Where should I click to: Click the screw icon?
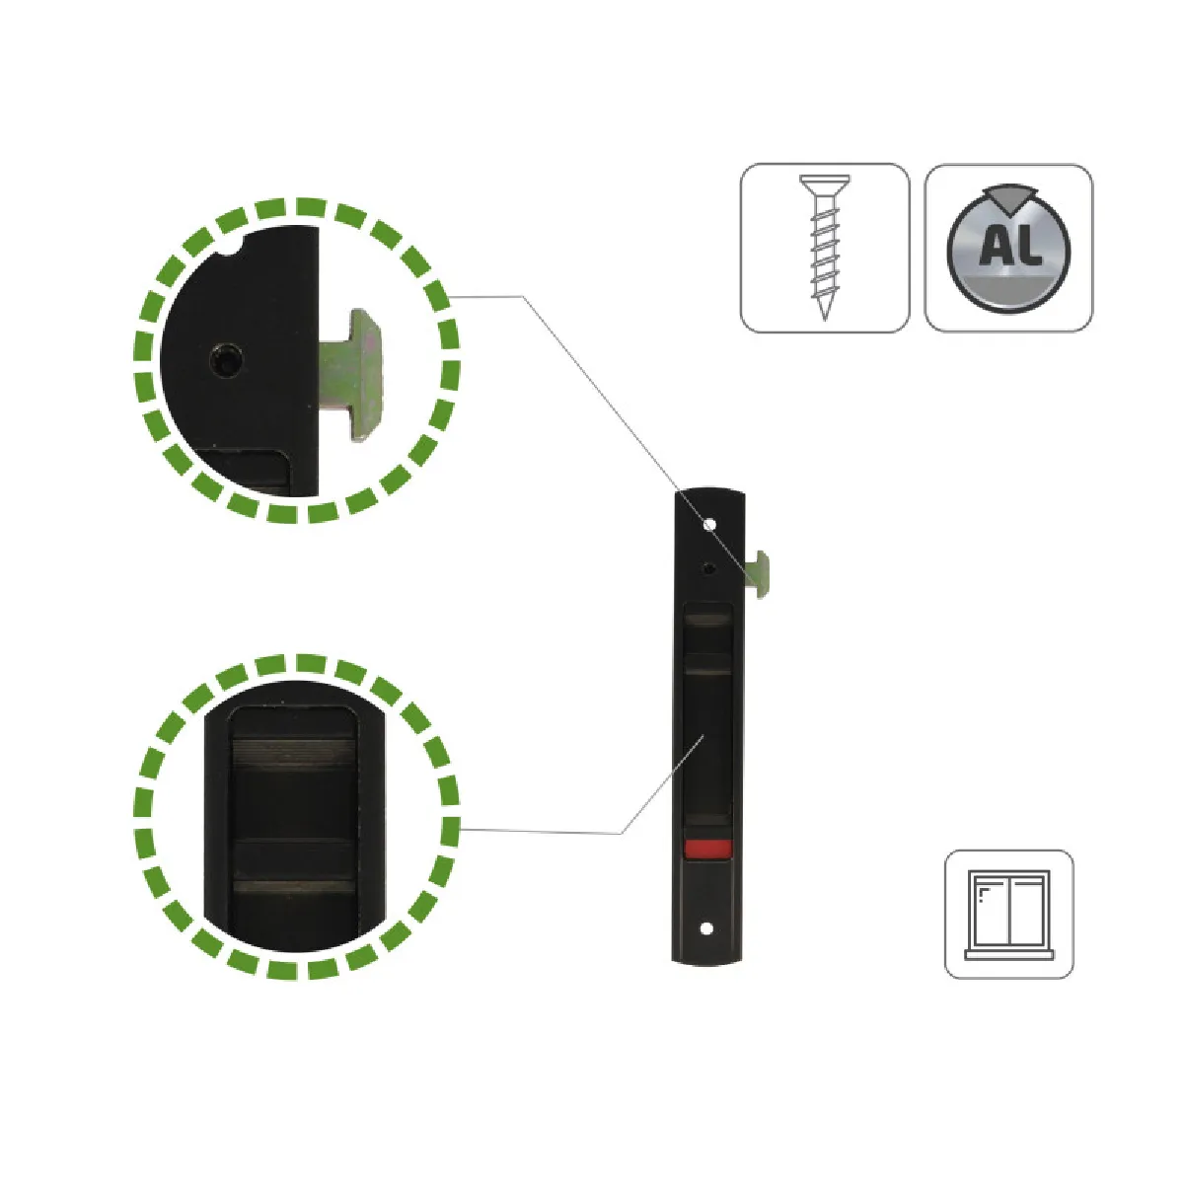pos(825,248)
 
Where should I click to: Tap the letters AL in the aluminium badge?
pos(1008,246)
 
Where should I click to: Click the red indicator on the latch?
pos(707,849)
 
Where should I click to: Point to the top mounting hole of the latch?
pos(709,525)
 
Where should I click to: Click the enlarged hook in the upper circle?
pos(352,375)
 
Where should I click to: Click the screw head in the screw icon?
pos(825,182)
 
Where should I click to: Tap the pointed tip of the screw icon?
pos(825,320)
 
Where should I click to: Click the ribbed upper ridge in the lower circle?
pos(294,752)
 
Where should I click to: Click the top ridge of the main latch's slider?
pos(707,618)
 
